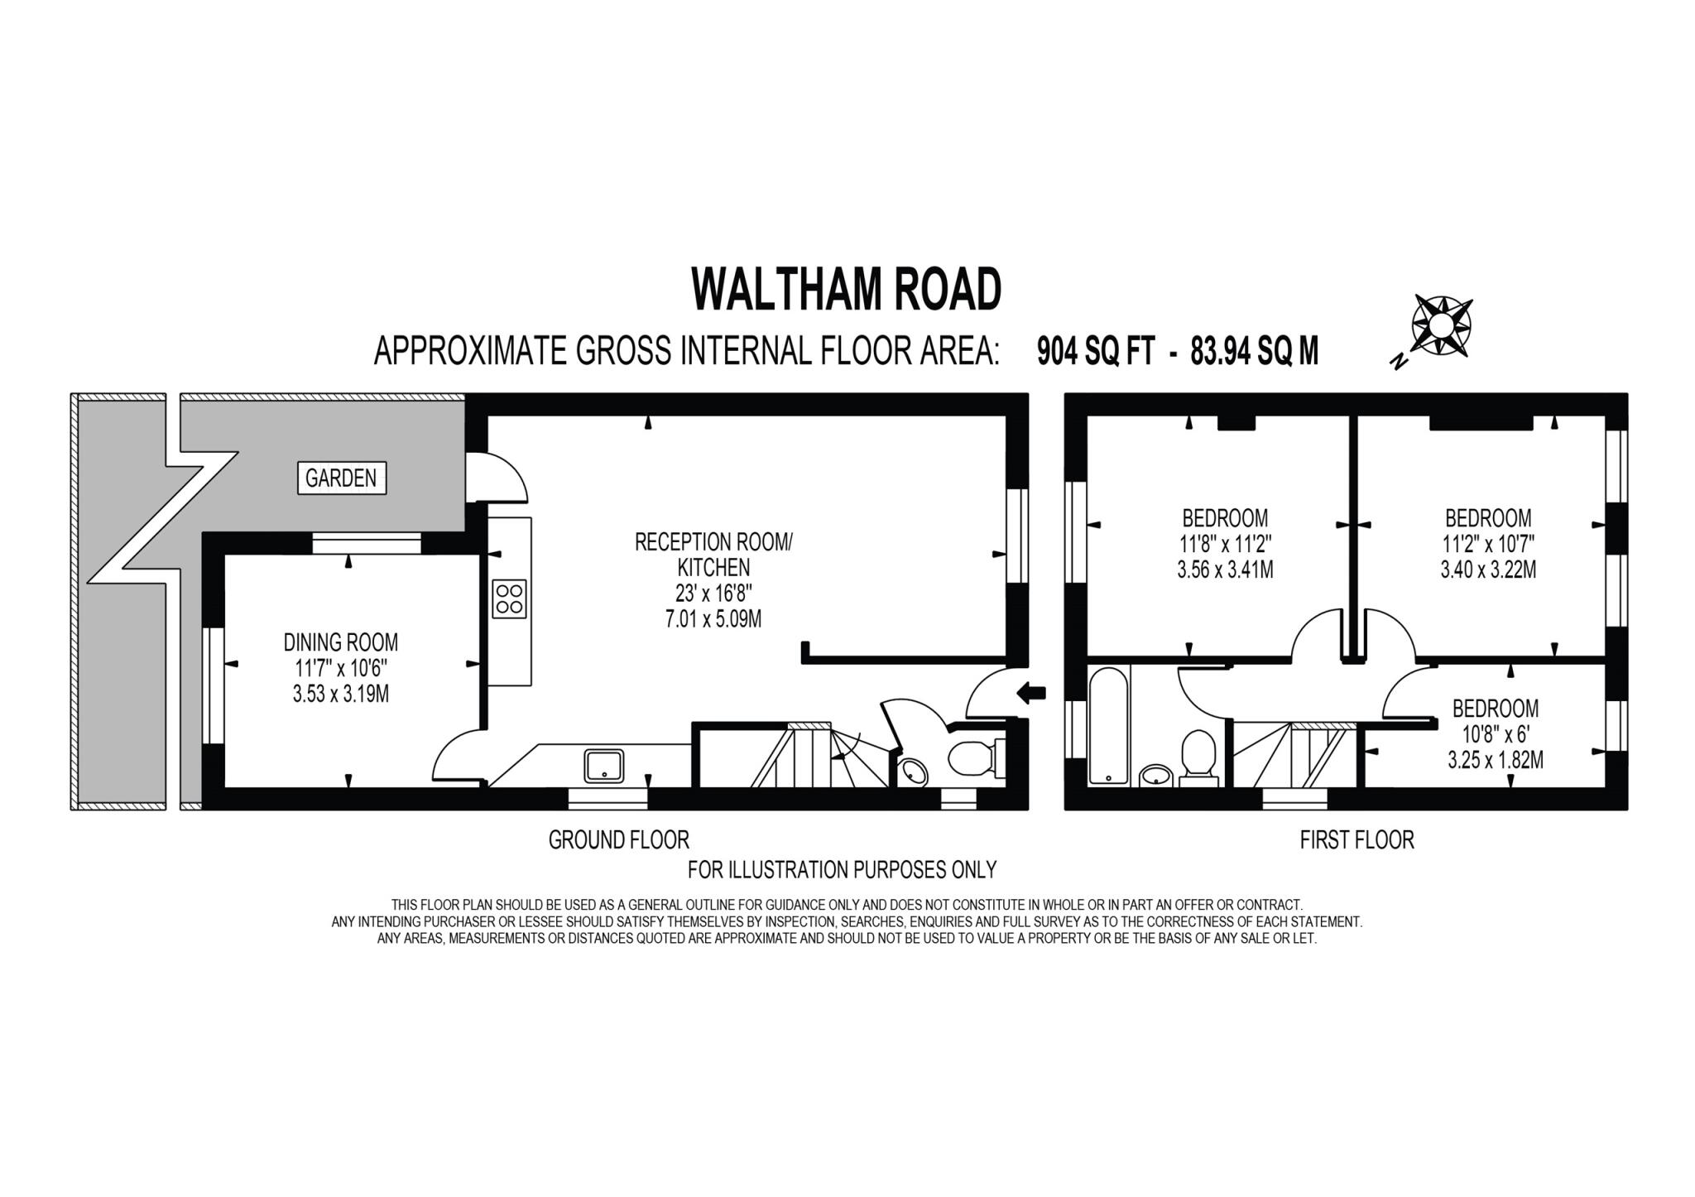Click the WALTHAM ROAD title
point(846,289)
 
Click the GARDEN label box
point(341,478)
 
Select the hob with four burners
point(509,598)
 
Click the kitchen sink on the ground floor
point(605,765)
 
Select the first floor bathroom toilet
point(1197,755)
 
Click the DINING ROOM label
point(341,642)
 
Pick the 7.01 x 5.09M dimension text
point(713,618)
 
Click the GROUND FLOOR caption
point(618,840)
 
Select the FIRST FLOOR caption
point(1356,840)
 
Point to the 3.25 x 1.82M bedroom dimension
point(1495,760)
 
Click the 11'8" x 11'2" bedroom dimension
point(1225,544)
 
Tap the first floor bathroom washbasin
point(1155,775)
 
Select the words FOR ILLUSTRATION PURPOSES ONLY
point(842,870)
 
